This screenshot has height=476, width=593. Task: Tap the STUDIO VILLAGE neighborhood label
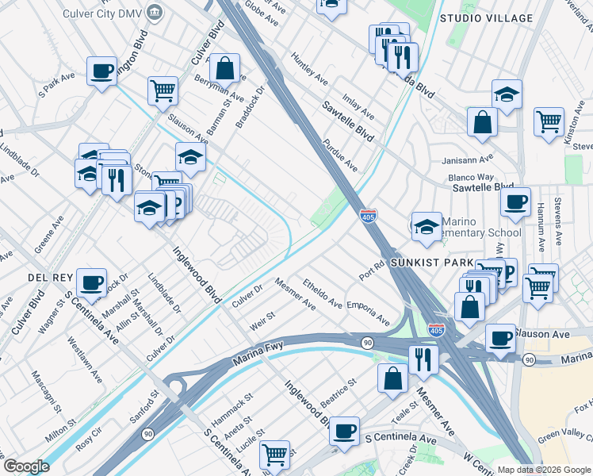[497, 17]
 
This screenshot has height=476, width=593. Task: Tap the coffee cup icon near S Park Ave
[102, 71]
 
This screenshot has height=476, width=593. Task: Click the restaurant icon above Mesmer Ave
[423, 359]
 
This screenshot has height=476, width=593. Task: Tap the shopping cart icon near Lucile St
[274, 454]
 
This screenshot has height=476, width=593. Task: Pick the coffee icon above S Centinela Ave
[344, 431]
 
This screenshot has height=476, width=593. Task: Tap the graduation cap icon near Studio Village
[507, 94]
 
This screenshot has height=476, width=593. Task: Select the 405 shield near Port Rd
[368, 215]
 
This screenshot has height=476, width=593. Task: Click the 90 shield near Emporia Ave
[368, 342]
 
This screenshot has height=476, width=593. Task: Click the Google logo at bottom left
[25, 466]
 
